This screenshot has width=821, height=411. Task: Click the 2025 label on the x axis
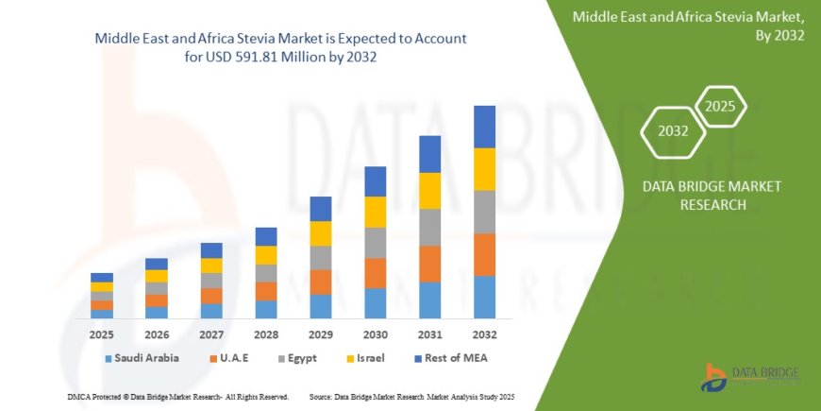point(102,334)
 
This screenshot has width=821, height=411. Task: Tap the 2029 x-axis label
point(320,334)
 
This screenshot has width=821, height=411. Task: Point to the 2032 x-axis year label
point(484,334)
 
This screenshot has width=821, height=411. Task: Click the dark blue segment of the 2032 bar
point(484,127)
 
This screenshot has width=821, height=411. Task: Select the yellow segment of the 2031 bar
point(429,191)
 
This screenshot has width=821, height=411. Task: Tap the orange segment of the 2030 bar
point(375,273)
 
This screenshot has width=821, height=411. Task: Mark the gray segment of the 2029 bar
point(321,258)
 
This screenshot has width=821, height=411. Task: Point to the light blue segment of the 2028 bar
point(266,309)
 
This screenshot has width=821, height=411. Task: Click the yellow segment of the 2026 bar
point(157,276)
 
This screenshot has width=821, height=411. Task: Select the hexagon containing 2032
point(672,132)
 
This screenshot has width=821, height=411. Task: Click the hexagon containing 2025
point(720,104)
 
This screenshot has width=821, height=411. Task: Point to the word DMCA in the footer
point(80,397)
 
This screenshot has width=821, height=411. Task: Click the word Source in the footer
point(321,397)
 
